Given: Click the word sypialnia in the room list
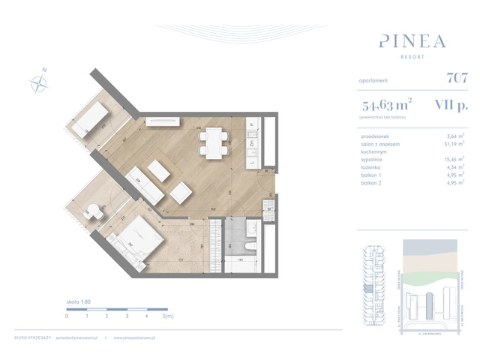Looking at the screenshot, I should coord(373,158).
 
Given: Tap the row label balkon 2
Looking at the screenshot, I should coord(372,181).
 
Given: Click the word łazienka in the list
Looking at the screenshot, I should coord(372,166).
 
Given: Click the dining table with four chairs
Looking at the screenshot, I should coord(212,141).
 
